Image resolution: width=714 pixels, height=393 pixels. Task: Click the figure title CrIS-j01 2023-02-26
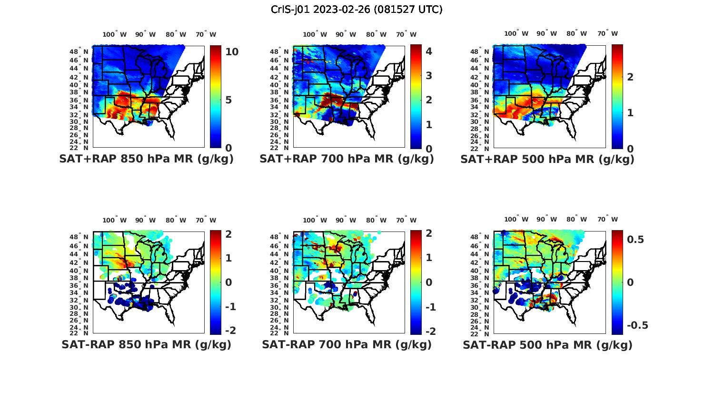[x=357, y=10]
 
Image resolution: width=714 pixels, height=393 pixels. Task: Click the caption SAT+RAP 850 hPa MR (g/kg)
[x=146, y=159]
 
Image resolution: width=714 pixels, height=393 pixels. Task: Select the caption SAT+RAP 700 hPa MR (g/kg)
[x=347, y=159]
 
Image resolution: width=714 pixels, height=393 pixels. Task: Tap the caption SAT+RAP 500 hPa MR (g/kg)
[x=547, y=159]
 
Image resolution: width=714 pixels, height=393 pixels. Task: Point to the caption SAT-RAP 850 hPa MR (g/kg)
[x=146, y=344]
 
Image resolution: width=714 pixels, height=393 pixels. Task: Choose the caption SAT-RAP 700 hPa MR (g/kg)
[x=347, y=344]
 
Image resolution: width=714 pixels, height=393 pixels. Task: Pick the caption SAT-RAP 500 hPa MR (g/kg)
[x=547, y=344]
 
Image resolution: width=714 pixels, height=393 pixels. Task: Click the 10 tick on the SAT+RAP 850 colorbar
[x=232, y=52]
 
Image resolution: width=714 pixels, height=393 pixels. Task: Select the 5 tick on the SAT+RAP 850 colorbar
[x=228, y=100]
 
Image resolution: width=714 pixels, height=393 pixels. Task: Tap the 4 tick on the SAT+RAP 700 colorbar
[x=428, y=51]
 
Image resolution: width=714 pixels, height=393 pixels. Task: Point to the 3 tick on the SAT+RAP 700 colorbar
[x=428, y=75]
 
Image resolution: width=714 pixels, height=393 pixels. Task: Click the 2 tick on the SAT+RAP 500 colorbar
[x=630, y=77]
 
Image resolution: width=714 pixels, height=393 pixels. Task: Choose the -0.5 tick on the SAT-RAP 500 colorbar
[x=637, y=325]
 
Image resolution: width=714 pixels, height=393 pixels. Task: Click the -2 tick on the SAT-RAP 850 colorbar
[x=230, y=331]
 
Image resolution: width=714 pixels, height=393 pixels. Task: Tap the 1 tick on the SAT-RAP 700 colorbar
[x=428, y=258]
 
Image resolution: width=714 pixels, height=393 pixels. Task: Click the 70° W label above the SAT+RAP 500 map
[x=607, y=33]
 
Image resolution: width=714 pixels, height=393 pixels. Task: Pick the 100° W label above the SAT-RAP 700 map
[x=315, y=220]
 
